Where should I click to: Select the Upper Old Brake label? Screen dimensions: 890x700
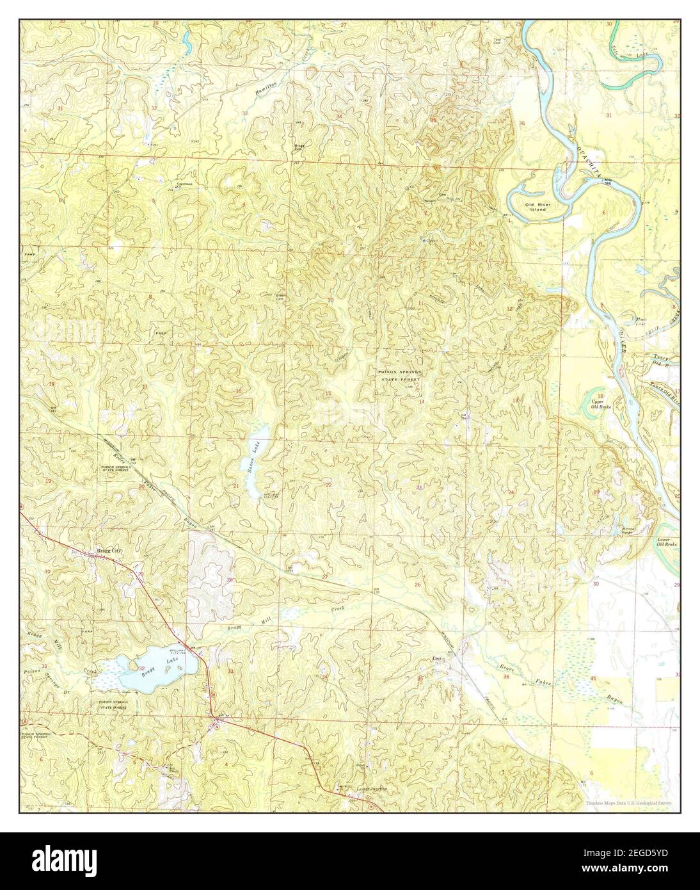click(601, 404)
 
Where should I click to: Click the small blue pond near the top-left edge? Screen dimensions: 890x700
click(186, 43)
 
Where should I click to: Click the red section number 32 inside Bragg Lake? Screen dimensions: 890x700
click(141, 668)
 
